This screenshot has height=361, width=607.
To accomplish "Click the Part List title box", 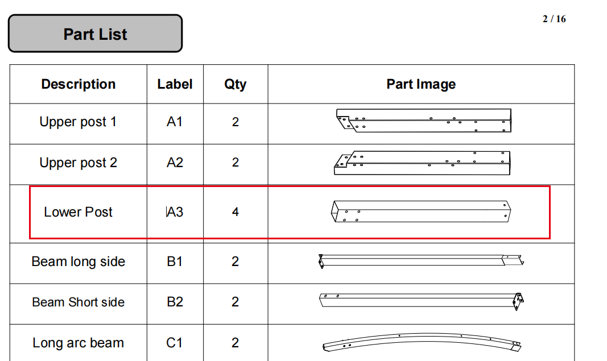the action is coord(95,34).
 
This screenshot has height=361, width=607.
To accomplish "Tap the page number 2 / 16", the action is coord(554,19).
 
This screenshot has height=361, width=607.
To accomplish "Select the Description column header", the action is coord(78,84).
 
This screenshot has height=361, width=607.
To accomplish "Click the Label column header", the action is coord(175,84).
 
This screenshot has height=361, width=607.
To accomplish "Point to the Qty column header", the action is coord(236,84).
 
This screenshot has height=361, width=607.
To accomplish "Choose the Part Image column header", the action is coord(421,84).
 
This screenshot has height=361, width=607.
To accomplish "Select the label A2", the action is coord(175,163).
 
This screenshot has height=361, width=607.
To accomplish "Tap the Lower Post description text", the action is coord(78,212).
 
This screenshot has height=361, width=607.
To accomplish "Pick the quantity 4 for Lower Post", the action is coord(236,212).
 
